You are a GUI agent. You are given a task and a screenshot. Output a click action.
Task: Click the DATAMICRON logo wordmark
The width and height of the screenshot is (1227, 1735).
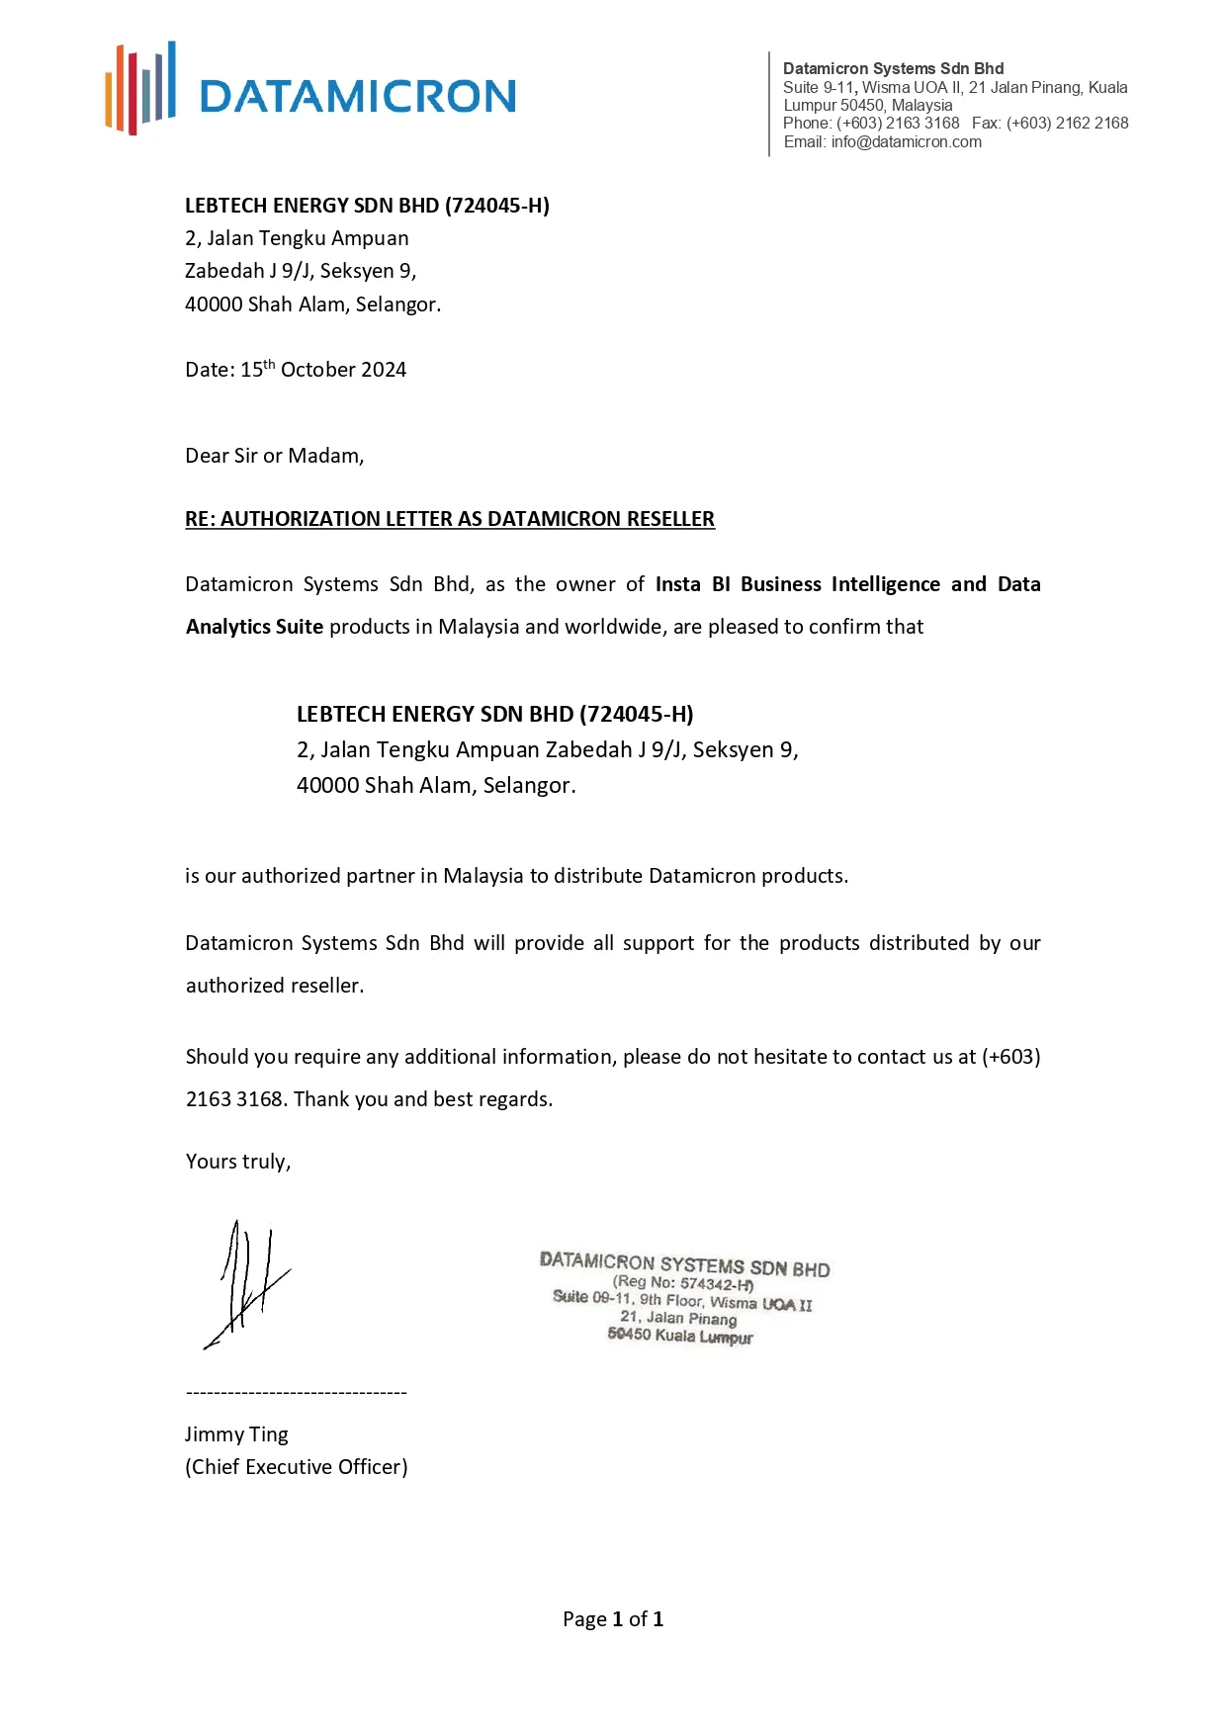(x=357, y=97)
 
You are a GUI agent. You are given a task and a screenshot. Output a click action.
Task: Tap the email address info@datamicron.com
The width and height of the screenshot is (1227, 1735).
(x=906, y=142)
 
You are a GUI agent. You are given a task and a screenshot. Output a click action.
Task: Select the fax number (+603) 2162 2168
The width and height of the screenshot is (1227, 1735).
(x=1067, y=124)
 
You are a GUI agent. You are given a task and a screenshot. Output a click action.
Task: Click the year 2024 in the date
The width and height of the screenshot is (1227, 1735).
(x=384, y=370)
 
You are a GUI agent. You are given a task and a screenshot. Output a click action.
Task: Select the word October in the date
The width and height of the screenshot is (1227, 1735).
(x=316, y=370)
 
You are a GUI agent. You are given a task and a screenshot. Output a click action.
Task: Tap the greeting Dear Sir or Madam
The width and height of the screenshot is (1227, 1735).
(x=274, y=456)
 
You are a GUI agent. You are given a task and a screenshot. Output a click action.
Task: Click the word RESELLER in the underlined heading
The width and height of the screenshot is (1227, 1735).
(x=670, y=519)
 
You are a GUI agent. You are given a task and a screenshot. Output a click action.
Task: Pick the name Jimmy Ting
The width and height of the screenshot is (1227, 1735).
(x=236, y=1434)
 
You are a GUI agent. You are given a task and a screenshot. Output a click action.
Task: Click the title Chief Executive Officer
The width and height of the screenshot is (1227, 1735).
(x=296, y=1467)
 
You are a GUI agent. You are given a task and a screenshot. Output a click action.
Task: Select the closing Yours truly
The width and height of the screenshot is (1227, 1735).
(x=237, y=1162)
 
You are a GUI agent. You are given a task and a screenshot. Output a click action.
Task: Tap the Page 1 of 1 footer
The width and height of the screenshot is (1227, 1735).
(x=613, y=1619)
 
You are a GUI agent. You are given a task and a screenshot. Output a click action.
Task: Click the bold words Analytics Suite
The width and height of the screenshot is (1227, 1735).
(x=254, y=627)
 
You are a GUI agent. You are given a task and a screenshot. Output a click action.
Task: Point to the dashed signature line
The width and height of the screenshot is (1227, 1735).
(x=296, y=1393)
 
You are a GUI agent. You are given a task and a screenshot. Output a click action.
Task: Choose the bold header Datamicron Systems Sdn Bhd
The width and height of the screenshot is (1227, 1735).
(x=893, y=68)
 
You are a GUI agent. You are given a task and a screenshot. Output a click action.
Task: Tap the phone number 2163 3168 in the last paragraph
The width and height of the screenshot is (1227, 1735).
(x=235, y=1099)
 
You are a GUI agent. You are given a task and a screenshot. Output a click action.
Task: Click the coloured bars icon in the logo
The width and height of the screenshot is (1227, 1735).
(x=140, y=88)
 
